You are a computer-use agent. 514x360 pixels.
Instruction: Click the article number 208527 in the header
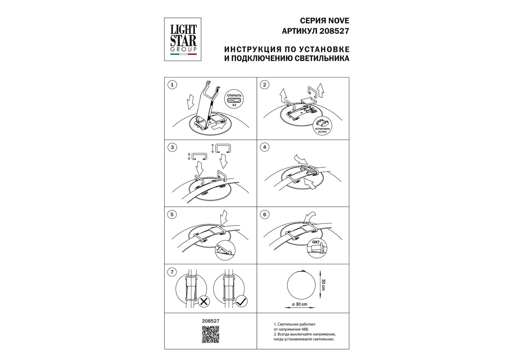[x=334, y=31]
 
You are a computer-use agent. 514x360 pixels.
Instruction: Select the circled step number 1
[x=172, y=85]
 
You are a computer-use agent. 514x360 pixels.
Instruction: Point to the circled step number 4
[x=264, y=147]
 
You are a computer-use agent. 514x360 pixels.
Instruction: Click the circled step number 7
[x=172, y=272]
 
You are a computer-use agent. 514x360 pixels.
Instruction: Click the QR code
[x=210, y=334]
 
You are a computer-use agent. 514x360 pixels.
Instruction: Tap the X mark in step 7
[x=204, y=301]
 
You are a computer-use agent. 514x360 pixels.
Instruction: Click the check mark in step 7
[x=241, y=301]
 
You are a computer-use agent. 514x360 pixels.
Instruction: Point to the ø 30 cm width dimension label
[x=300, y=304]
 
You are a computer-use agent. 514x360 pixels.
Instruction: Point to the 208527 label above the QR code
[x=210, y=321]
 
